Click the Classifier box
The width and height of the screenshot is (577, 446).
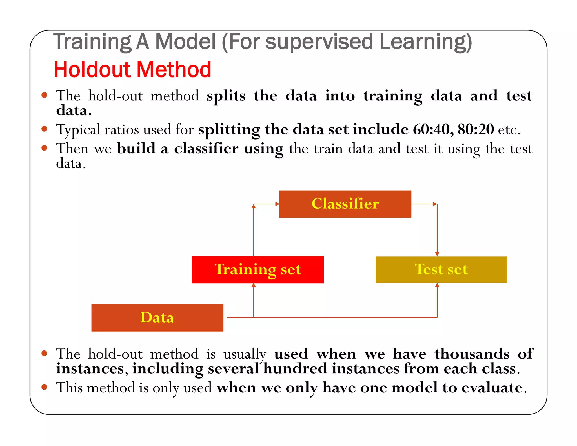click(345, 204)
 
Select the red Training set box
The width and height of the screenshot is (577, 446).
click(258, 270)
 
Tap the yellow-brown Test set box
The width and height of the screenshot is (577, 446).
click(441, 270)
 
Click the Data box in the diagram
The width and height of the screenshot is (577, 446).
click(157, 318)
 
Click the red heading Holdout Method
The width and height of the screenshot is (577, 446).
click(132, 70)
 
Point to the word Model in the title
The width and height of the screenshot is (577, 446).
click(185, 42)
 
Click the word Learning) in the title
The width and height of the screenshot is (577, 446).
click(425, 42)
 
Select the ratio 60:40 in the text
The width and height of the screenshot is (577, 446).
click(433, 130)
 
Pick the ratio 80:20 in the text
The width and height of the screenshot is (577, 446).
click(476, 130)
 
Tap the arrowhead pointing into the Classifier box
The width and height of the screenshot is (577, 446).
click(277, 204)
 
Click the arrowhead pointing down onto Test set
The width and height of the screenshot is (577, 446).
click(437, 254)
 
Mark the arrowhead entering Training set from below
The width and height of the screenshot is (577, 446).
click(254, 285)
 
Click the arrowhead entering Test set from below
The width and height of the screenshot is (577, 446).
click(437, 285)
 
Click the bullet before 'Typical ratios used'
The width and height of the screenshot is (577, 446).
click(44, 129)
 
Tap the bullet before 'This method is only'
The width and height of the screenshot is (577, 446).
click(44, 387)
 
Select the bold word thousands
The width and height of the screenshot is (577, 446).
click(472, 354)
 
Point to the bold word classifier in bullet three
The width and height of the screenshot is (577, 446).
click(206, 149)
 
